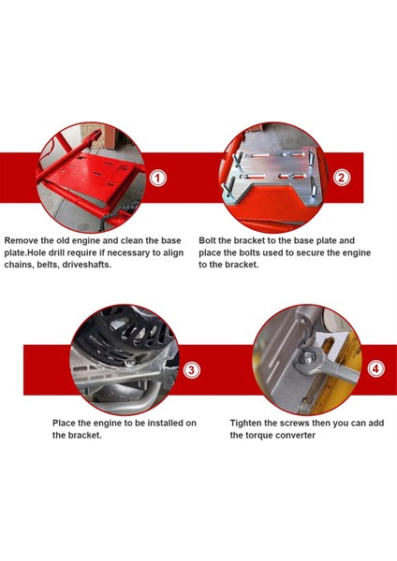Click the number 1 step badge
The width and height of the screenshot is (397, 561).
pyautogui.click(x=158, y=177)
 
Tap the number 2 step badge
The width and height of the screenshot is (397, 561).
pyautogui.click(x=342, y=177)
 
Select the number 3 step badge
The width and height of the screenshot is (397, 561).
pyautogui.click(x=192, y=369)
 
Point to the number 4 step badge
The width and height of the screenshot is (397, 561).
pyautogui.click(x=375, y=368)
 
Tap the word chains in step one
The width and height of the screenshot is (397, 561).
pyautogui.click(x=22, y=266)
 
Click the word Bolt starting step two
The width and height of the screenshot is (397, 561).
pyautogui.click(x=210, y=239)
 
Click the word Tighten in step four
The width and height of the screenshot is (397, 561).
pyautogui.click(x=247, y=423)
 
